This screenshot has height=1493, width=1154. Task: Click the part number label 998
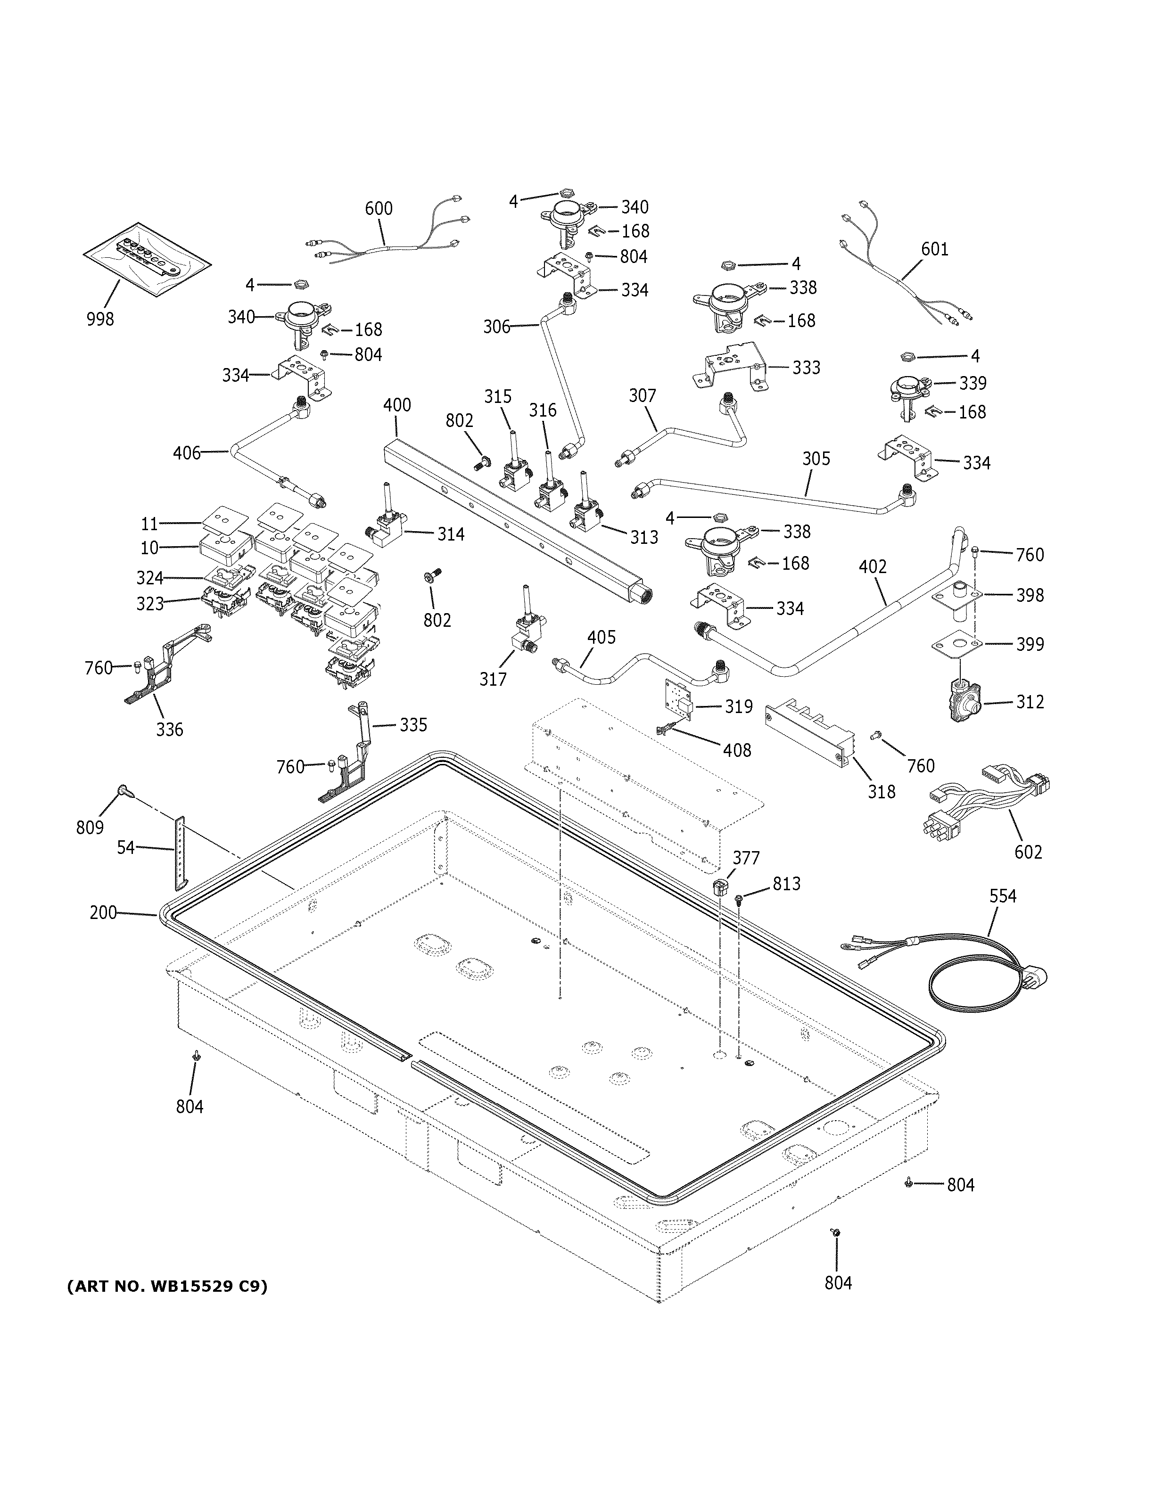coord(100,319)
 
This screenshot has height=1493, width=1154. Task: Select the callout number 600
coord(379,208)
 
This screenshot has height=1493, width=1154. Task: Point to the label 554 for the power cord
coord(1003,895)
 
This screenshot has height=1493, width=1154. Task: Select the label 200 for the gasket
coord(103,912)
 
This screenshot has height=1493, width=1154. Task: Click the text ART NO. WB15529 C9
coord(167,1287)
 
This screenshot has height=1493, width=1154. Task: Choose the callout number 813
coord(786,884)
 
